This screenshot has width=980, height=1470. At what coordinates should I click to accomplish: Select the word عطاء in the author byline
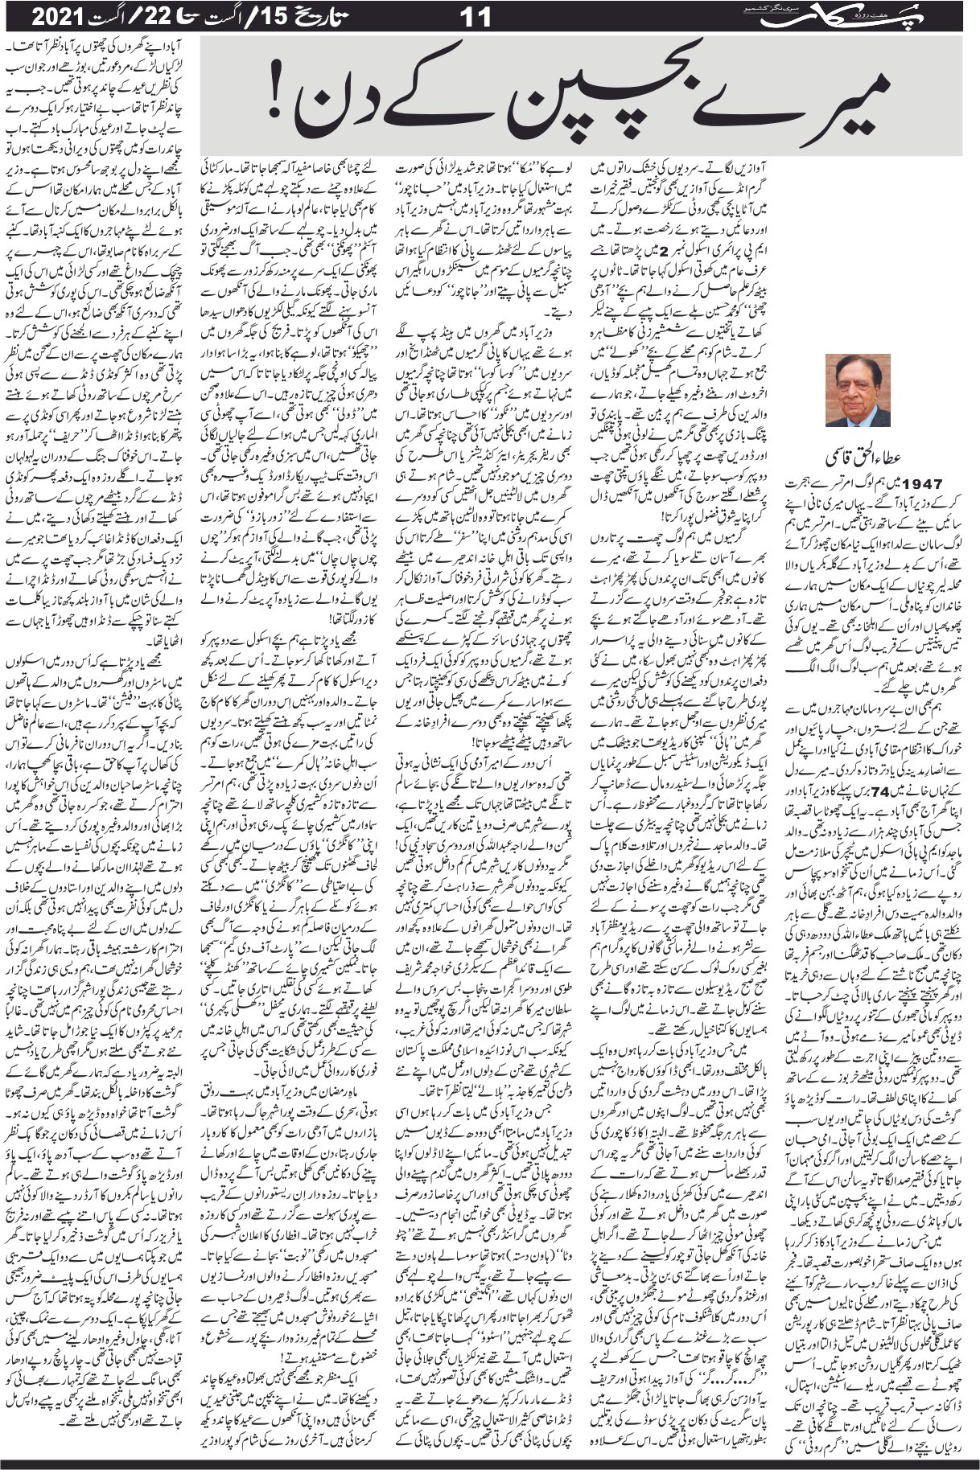[x=890, y=459]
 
